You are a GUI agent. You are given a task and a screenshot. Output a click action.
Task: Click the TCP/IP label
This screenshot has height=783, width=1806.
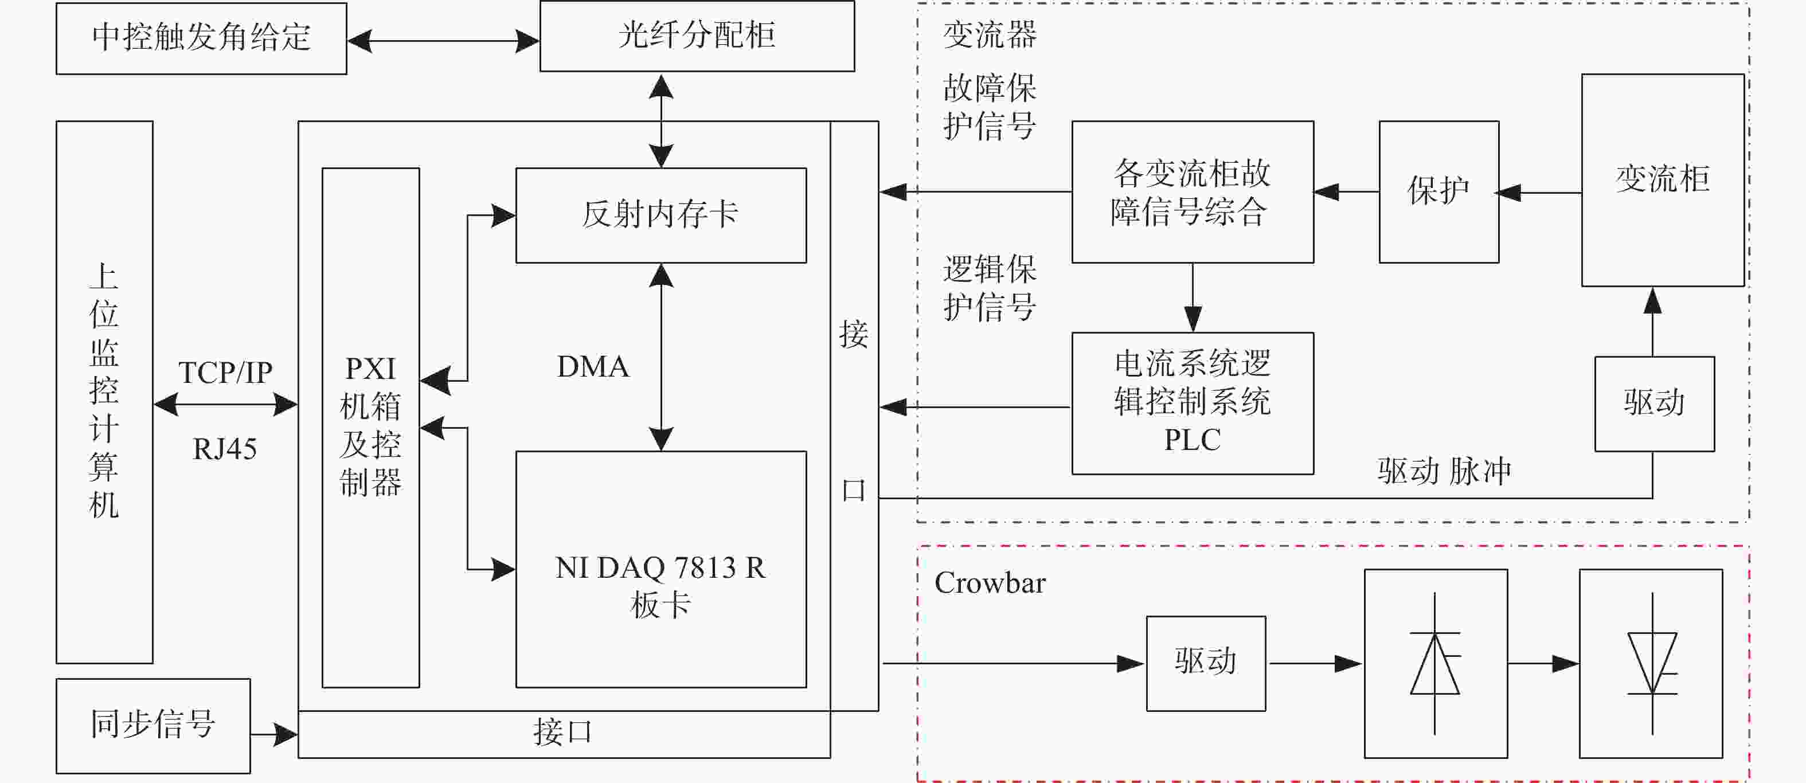pos(225,372)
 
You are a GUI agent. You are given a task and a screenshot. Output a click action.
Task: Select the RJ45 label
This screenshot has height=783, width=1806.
pos(224,449)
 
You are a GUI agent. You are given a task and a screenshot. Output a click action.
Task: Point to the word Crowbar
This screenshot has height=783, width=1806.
pos(990,583)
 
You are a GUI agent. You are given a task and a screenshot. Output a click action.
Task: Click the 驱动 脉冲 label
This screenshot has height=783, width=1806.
pos(1444,471)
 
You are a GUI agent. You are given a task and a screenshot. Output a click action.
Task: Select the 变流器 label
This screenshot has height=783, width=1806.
pos(990,35)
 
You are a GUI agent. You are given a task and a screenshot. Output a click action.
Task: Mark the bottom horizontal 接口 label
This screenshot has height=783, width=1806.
pos(563,733)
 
